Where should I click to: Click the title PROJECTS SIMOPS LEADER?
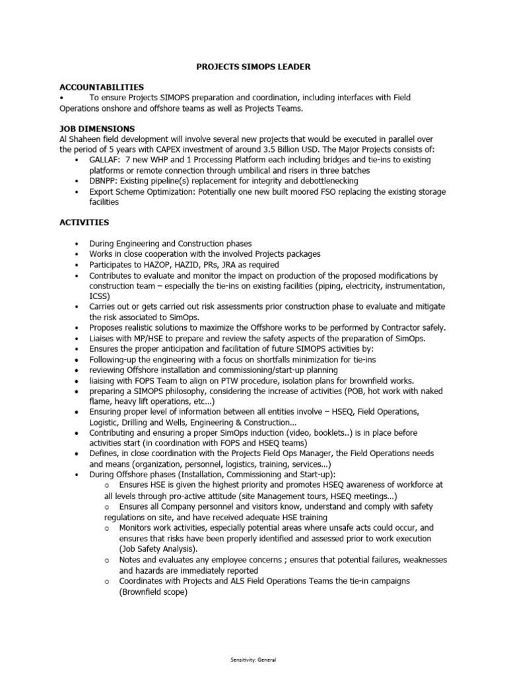coord(254,67)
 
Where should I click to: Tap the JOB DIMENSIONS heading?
coord(97,128)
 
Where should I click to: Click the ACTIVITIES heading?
coord(84,222)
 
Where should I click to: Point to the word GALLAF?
coord(104,160)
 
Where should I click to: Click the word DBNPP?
coord(104,181)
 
